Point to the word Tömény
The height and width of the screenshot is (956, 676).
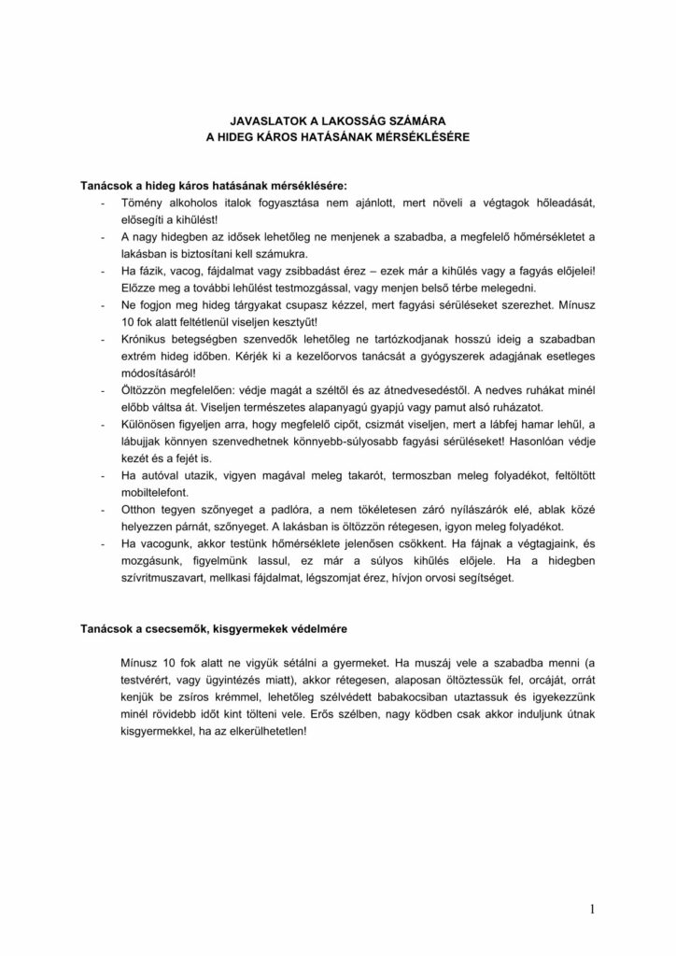(140, 203)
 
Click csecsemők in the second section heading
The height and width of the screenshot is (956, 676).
(192, 627)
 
